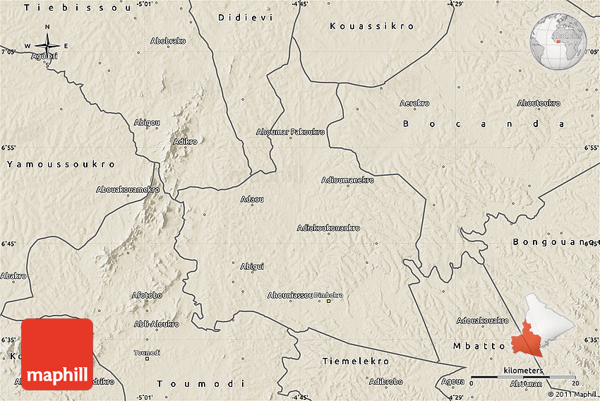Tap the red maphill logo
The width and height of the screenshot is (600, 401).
[x=57, y=354]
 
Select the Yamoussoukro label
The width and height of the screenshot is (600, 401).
[x=61, y=164]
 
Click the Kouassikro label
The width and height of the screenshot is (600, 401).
[x=372, y=26]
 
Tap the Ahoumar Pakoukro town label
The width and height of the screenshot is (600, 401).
[x=290, y=132]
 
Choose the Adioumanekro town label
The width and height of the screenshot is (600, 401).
[x=347, y=180]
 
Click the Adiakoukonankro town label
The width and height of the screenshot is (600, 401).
[x=328, y=228]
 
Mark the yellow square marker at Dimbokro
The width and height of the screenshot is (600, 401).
[x=328, y=301]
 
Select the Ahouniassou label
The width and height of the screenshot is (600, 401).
[x=290, y=295]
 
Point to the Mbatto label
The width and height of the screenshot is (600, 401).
[x=479, y=346]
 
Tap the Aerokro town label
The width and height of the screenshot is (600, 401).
[x=414, y=103]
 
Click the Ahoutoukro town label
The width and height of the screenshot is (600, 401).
[x=539, y=103]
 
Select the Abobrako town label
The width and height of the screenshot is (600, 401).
[x=168, y=41]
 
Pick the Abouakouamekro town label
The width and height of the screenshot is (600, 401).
[x=128, y=189]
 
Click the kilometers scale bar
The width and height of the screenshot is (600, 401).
[x=523, y=376]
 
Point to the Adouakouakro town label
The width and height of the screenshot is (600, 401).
[x=483, y=321]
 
